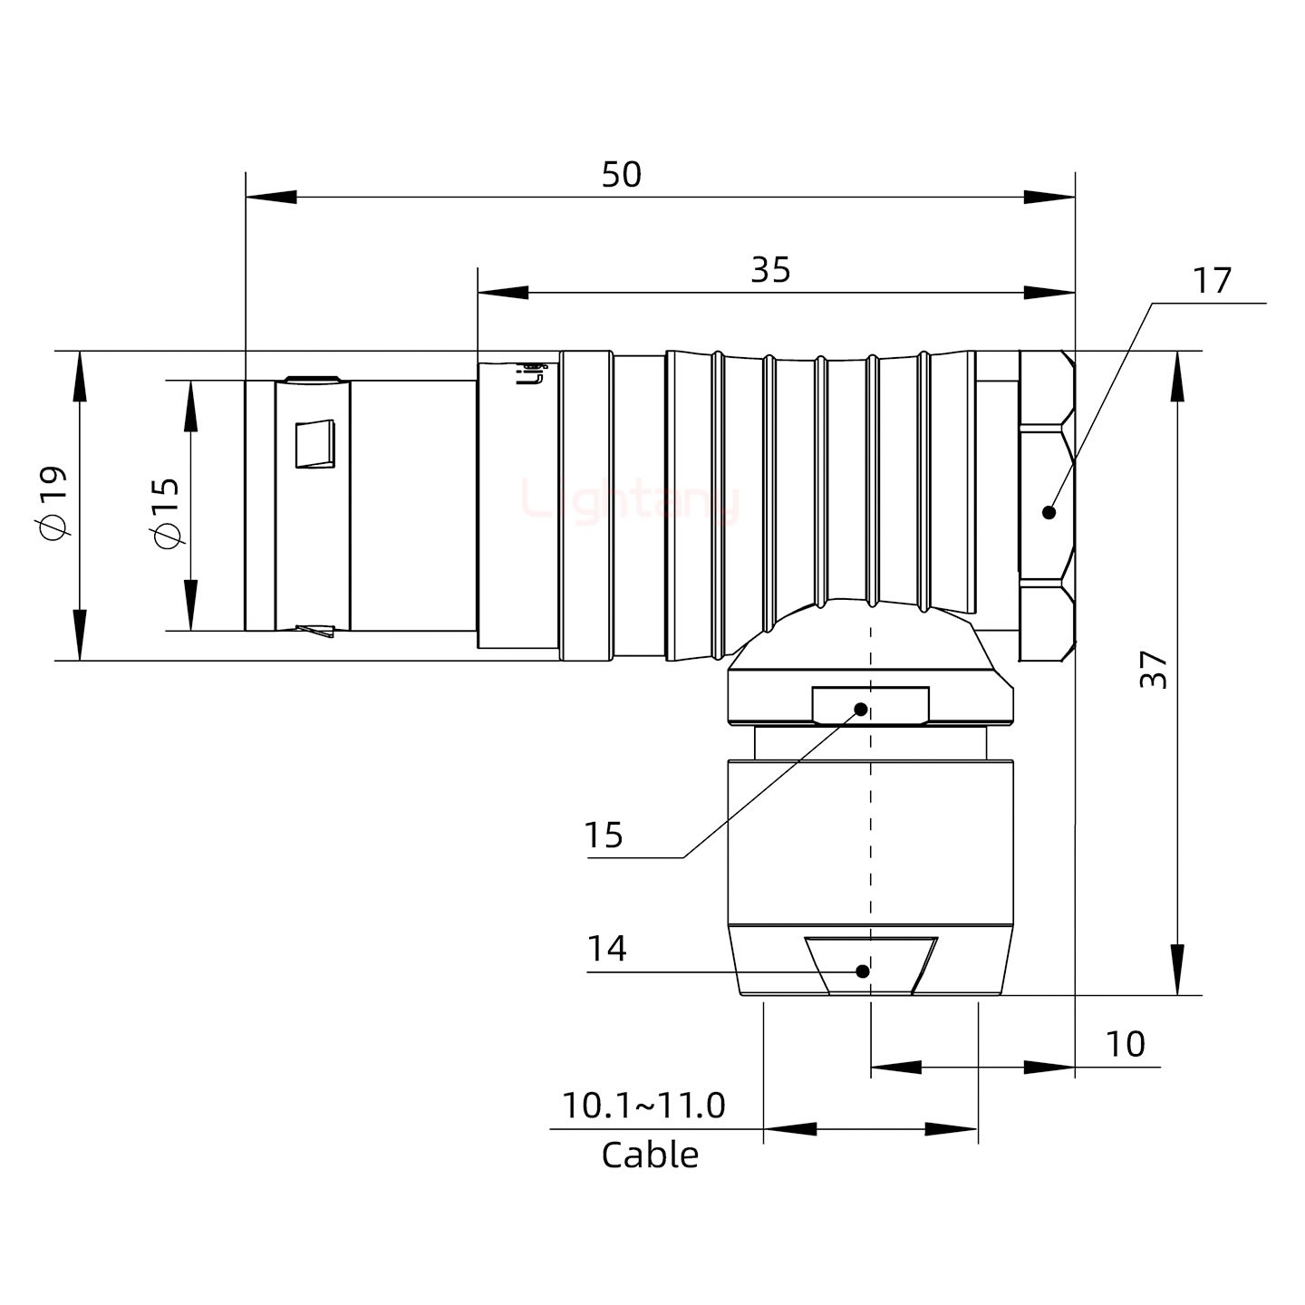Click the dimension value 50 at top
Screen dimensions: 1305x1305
622,174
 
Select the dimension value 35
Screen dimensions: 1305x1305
770,270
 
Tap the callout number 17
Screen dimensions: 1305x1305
1212,281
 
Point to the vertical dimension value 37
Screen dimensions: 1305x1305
1154,670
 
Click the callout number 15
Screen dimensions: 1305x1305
604,835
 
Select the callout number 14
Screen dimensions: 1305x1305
606,949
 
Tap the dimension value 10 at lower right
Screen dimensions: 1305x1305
1125,1044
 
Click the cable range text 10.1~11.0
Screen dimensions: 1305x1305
643,1106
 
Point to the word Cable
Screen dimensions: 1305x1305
650,1155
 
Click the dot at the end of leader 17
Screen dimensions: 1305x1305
1049,512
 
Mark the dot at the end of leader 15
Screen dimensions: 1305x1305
861,708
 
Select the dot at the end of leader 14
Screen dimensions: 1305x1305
863,971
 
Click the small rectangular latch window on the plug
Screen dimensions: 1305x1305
315,444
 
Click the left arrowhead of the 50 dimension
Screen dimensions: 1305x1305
270,197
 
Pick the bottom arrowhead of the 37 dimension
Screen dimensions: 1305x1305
1177,971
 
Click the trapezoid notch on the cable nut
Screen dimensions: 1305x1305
871,966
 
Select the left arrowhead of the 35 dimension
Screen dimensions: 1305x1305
502,293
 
